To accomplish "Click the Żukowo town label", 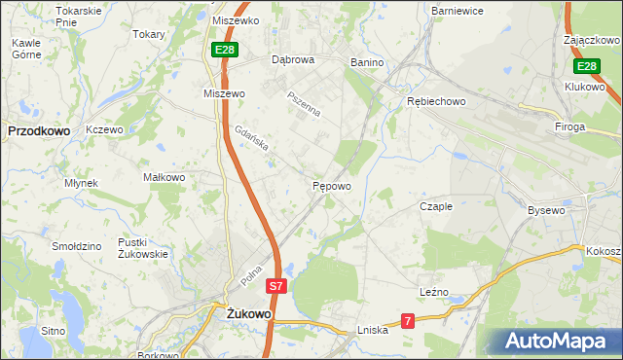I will pos(247,314).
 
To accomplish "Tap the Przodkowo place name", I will pos(37,129).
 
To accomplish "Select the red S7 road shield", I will pos(277,286).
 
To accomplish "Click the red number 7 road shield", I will pos(409,320).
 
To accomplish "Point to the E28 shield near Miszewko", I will pos(223,50).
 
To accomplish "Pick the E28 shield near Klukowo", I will pos(585,66).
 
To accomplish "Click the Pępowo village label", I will pos(331,185).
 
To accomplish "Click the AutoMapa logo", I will pos(552,342).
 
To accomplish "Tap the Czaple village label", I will pos(436,206).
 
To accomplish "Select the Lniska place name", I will pos(373,330).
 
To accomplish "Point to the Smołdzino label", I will pos(78,246).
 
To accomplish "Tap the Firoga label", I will pos(570,126).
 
